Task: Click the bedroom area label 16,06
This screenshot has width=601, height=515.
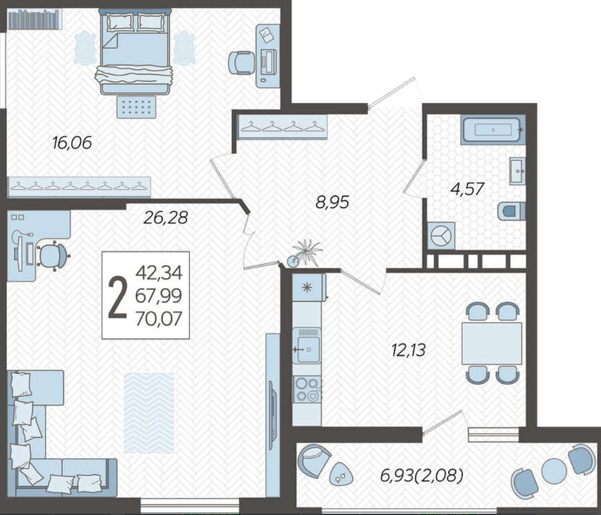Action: point(72,143)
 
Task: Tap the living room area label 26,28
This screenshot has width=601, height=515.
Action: point(166,218)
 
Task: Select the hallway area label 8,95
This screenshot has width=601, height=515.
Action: point(332,202)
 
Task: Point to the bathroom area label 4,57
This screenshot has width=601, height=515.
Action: point(467,189)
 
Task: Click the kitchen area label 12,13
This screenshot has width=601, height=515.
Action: point(408,350)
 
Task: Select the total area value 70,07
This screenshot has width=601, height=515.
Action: point(159,319)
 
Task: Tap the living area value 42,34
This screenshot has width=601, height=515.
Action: point(159,273)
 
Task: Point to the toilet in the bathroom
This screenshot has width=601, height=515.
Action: point(511,211)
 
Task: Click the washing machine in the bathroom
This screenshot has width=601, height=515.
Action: point(441,236)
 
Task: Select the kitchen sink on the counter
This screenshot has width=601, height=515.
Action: point(307,345)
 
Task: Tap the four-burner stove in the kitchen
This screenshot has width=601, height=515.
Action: point(307,389)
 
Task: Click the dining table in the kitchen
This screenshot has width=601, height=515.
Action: point(492,344)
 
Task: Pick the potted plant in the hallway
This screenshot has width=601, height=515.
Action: point(305,253)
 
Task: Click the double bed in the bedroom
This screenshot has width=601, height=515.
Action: point(135,52)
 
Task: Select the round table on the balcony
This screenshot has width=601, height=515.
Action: point(554,471)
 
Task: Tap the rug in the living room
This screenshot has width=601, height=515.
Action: point(149,413)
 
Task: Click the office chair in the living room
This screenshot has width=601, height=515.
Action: point(53,256)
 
